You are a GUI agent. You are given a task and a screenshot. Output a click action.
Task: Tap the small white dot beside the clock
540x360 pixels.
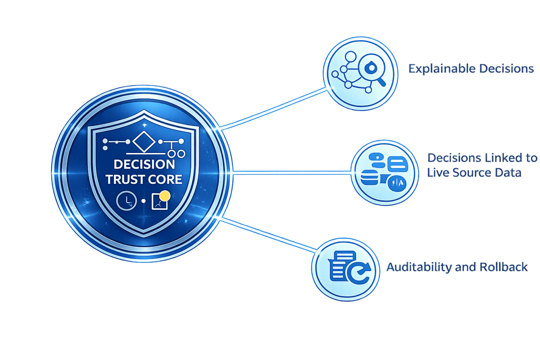pyautogui.click(x=143, y=202)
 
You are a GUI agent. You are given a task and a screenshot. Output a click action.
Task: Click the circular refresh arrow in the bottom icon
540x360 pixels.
pyautogui.click(x=360, y=272)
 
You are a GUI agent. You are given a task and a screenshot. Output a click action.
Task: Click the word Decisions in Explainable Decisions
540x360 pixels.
pyautogui.click(x=506, y=69)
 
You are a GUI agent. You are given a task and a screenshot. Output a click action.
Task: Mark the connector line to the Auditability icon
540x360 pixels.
pyautogui.click(x=271, y=236)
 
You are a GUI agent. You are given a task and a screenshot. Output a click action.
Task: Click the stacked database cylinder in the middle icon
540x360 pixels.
pyautogui.click(x=369, y=180)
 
